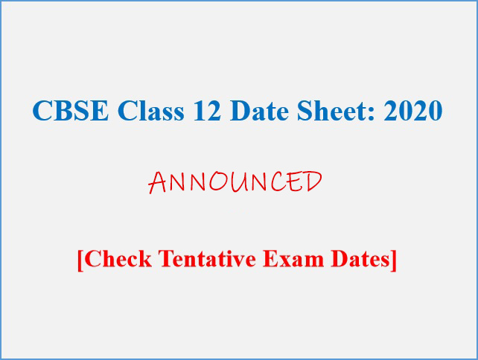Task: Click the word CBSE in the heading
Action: point(71,110)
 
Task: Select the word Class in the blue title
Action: point(151,109)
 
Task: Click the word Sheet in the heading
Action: point(332,109)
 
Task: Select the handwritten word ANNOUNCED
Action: point(235,181)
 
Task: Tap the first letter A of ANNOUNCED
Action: point(157,183)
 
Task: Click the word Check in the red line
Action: point(118,259)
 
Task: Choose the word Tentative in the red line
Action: point(207,259)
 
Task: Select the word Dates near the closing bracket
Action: point(360,259)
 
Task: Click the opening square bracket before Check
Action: point(80,260)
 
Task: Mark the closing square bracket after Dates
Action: point(394,260)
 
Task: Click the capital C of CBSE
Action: point(42,110)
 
